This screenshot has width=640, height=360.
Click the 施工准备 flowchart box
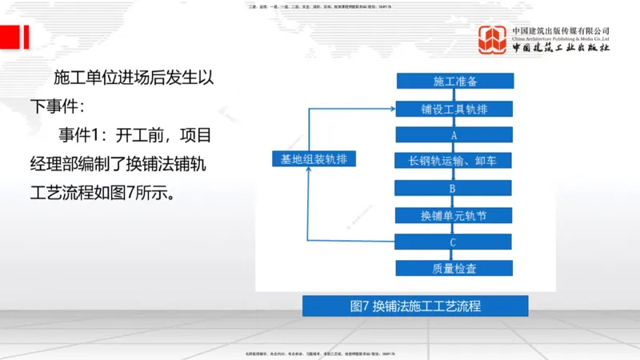coord(454,81)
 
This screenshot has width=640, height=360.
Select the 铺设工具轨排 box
coord(454,108)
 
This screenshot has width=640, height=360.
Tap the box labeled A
coord(454,134)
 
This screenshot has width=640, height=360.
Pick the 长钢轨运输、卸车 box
coord(454,161)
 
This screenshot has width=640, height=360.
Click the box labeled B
coord(454,188)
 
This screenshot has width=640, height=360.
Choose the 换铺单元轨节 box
coord(454,214)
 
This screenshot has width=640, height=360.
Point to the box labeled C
coord(454,241)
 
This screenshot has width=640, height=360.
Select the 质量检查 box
coord(454,268)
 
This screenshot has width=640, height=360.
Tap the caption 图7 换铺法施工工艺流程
coord(414,306)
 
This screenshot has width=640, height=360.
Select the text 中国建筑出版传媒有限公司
coord(561,31)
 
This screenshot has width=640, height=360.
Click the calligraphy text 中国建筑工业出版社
coord(561,48)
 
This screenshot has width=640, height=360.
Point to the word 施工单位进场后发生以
coord(133,78)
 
